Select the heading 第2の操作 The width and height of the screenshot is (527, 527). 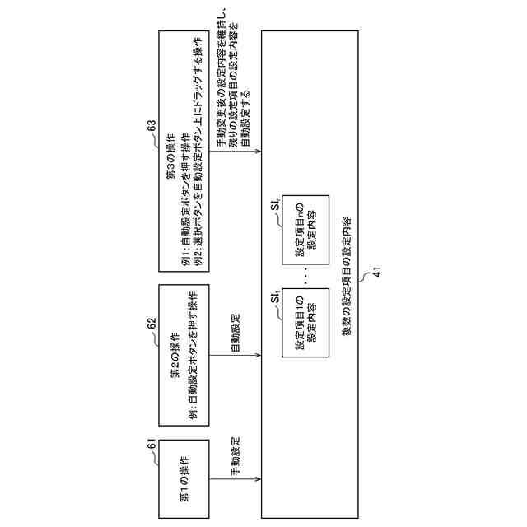click(175, 347)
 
